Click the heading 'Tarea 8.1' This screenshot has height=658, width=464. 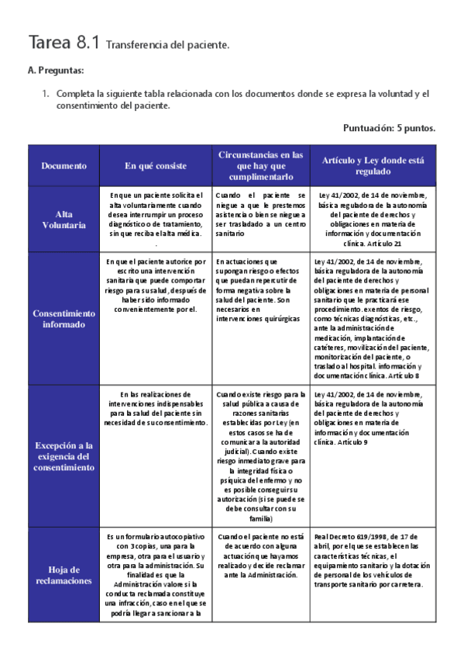[64, 43]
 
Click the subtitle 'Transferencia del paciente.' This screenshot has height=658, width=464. [167, 46]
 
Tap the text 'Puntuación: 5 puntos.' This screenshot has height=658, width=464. [389, 128]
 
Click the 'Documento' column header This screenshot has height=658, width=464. [64, 165]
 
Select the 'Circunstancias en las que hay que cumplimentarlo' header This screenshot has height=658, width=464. [259, 165]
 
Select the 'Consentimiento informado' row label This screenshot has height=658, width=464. [64, 318]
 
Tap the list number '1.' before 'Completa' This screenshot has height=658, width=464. [46, 94]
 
